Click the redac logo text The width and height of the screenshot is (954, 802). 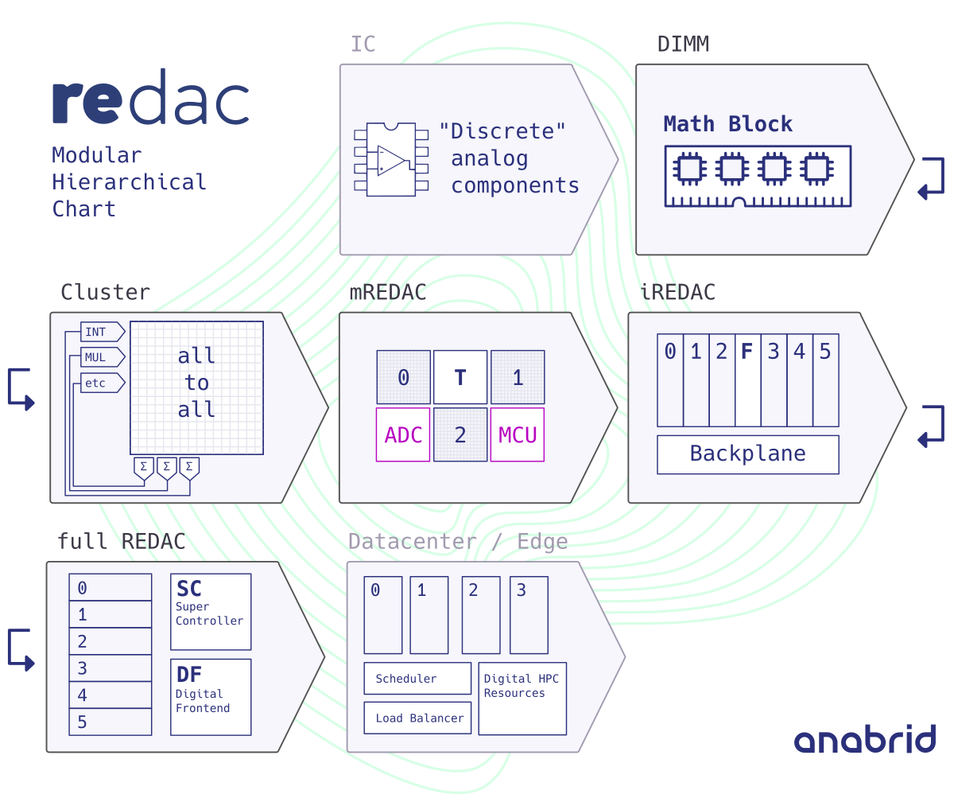[150, 98]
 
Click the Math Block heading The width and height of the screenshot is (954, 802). [727, 124]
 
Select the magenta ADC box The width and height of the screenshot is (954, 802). [403, 435]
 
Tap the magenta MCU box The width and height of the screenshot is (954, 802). [518, 435]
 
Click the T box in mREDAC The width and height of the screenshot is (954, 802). [460, 377]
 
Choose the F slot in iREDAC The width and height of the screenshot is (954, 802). [747, 380]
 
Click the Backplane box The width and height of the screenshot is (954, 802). [747, 454]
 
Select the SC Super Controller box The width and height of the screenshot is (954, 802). [211, 612]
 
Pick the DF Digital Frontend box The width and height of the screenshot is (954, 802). [211, 696]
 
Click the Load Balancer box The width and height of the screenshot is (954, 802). [417, 718]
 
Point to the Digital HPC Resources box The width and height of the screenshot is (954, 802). [522, 699]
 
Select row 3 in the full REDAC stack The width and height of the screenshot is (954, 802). [111, 668]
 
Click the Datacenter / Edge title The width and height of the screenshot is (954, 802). [458, 542]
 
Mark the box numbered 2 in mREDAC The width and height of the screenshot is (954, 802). [460, 435]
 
